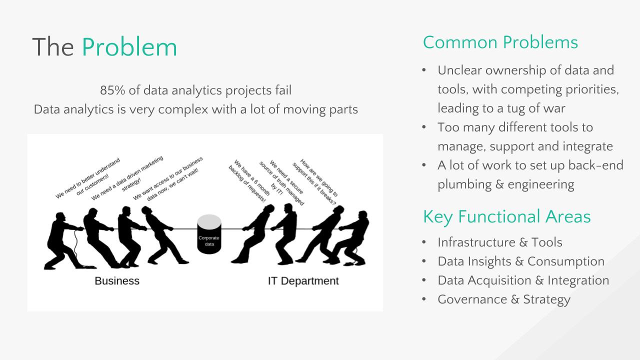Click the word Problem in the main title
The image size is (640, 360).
[129, 47]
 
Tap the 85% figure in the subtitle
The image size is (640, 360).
[112, 90]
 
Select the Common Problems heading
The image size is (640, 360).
[500, 42]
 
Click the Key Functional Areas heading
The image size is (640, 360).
[507, 216]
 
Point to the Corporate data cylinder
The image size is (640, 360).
[209, 234]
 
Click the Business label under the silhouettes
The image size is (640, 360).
[117, 281]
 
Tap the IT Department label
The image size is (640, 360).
[303, 281]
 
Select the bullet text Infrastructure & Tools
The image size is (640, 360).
[500, 242]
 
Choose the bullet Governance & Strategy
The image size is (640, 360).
[504, 299]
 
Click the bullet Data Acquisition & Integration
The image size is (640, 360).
[523, 280]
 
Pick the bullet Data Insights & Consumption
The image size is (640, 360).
[521, 261]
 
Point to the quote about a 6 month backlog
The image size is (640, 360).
[249, 181]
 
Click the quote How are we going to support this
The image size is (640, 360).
[315, 182]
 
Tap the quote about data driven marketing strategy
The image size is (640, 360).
[127, 178]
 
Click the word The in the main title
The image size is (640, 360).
[53, 47]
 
